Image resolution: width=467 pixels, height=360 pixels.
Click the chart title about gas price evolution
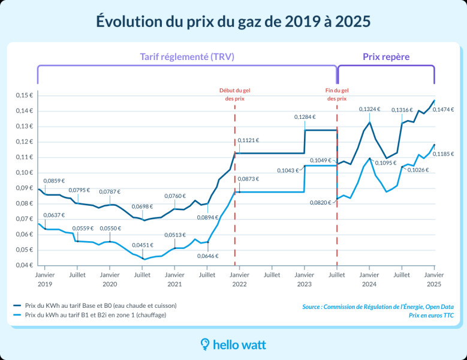pos(233,22)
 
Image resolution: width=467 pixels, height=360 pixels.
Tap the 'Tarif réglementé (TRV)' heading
pos(186,57)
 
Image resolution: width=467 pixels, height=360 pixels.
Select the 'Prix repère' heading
pos(386,57)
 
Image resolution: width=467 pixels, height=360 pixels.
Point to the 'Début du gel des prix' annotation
pos(234,94)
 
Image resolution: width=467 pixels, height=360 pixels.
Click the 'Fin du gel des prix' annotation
pos(336,94)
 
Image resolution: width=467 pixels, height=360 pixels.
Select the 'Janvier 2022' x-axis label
pos(239,279)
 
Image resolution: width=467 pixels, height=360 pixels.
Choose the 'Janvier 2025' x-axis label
pos(434,279)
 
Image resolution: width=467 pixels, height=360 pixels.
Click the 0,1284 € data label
pos(305,117)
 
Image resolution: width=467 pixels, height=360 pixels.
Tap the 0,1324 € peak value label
pos(369,109)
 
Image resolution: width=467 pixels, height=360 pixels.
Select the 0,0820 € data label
pos(321,203)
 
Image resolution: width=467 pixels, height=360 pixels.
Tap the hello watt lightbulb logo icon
pos(205,344)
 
